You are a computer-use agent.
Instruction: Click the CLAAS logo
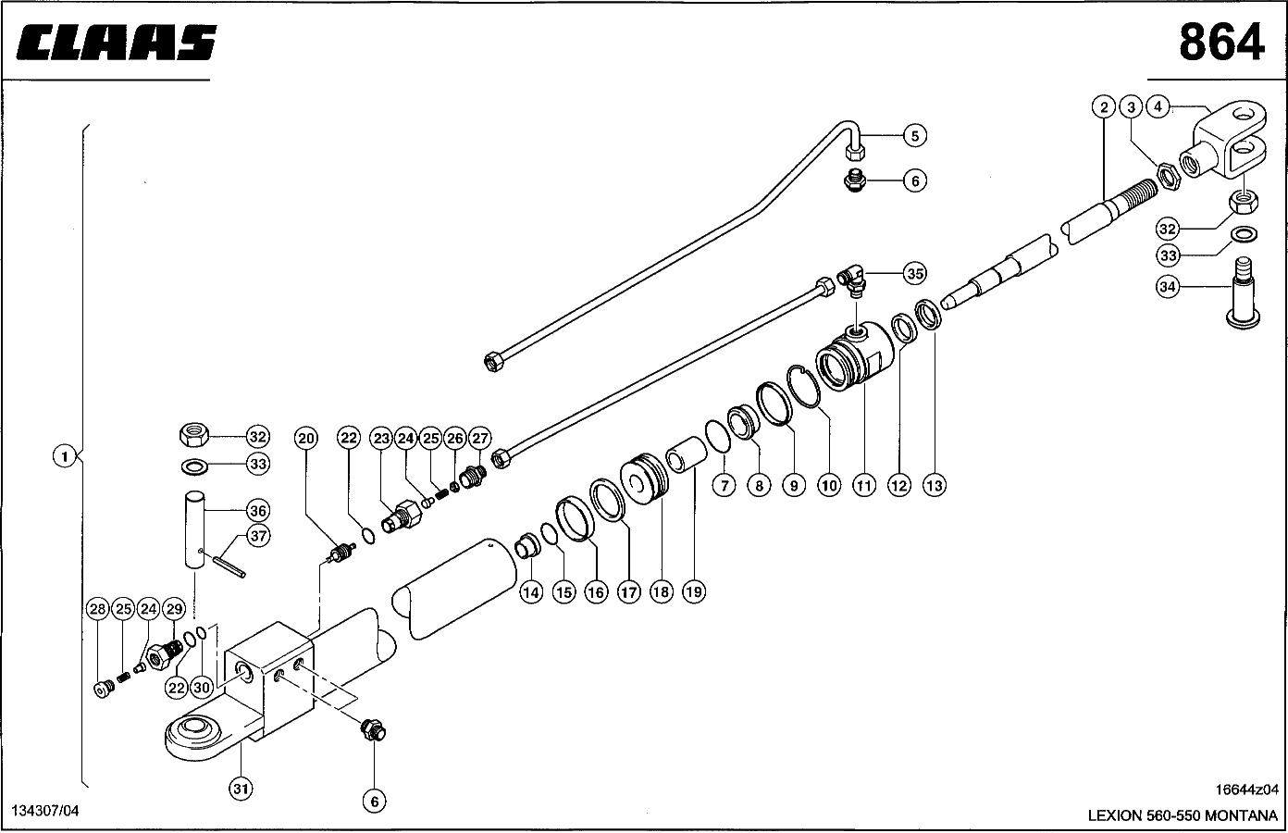tap(116, 44)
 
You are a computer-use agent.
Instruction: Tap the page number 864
tap(1221, 42)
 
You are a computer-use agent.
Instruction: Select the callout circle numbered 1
tap(64, 455)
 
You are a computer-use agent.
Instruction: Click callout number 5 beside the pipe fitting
tap(913, 136)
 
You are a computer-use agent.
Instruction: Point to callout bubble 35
tap(914, 274)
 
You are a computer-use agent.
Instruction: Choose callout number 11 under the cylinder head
tap(863, 484)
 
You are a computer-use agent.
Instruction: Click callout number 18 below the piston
tap(661, 591)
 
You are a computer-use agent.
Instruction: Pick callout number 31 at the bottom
tap(241, 788)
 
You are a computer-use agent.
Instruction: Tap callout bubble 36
tap(257, 510)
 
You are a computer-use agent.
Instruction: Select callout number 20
tap(306, 438)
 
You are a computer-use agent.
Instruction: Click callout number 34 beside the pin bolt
tap(1168, 287)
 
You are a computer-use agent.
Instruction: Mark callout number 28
tap(98, 609)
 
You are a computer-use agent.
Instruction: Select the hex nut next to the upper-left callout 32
tap(195, 433)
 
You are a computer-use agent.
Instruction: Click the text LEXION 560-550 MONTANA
tap(1182, 816)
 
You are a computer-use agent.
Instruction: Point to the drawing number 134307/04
tap(45, 811)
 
